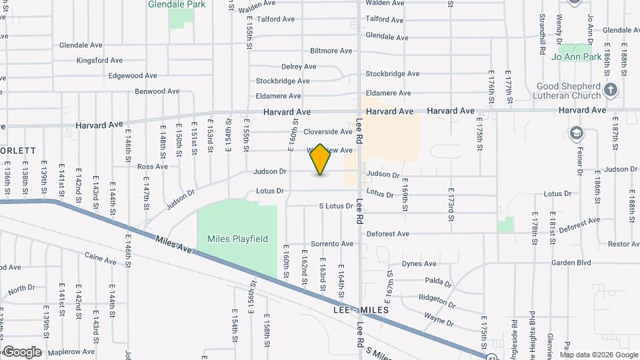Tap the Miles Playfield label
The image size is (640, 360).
tap(237, 239)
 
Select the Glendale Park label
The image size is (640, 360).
tap(177, 4)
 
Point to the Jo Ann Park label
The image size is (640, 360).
tap(577, 57)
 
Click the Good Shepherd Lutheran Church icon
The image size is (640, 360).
tap(610, 89)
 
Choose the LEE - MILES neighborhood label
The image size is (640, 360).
tap(361, 311)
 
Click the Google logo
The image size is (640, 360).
tap(21, 352)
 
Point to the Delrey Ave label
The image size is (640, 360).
tap(299, 67)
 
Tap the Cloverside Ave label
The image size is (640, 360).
tap(328, 132)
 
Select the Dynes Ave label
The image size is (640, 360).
tap(419, 264)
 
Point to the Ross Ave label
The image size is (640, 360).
tap(152, 167)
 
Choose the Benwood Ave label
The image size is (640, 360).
tap(157, 91)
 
